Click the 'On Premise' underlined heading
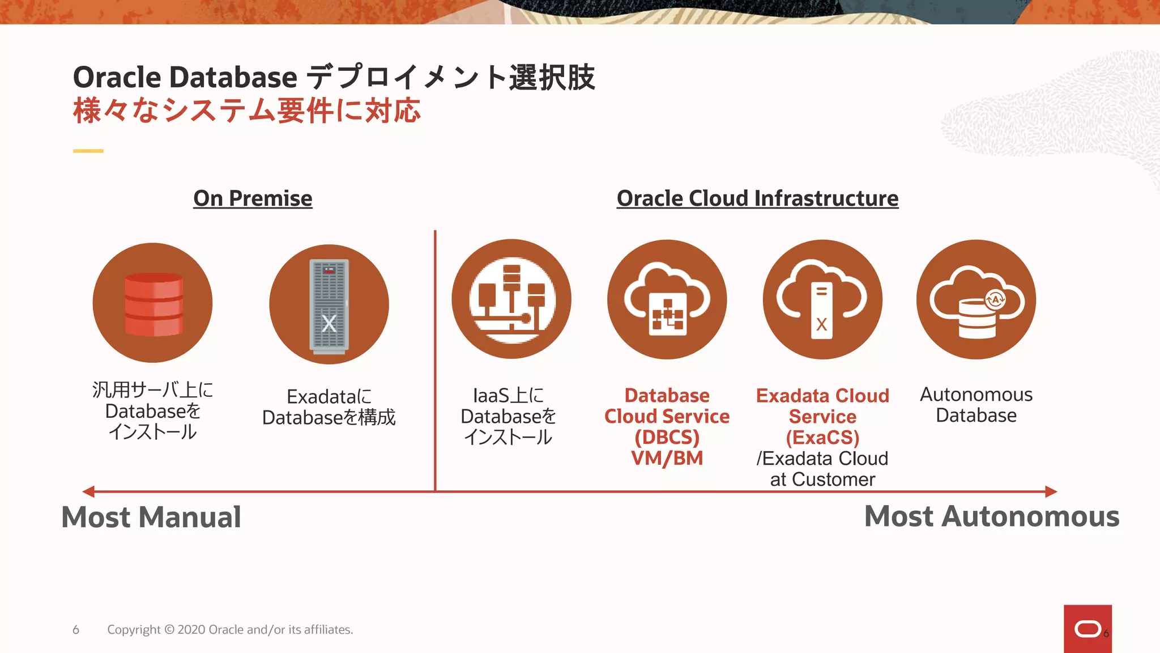[253, 198]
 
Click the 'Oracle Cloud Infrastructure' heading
[757, 198]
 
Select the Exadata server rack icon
[329, 305]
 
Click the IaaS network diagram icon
[511, 299]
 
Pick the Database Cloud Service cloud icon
[667, 299]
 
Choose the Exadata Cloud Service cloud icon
[822, 299]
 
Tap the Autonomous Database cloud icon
[976, 299]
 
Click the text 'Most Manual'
[151, 517]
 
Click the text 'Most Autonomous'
[991, 516]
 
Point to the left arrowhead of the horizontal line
[88, 491]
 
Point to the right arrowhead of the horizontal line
[1051, 491]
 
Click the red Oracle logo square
[1087, 629]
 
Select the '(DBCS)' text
[667, 438]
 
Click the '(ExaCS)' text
[822, 438]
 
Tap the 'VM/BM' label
[667, 458]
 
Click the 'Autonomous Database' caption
[976, 405]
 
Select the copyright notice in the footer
[230, 630]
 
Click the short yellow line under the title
[88, 151]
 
